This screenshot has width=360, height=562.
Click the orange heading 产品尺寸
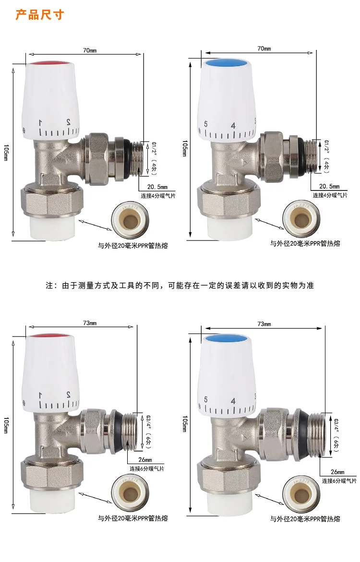[x=40, y=15]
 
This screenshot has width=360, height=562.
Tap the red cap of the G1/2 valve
[x=51, y=64]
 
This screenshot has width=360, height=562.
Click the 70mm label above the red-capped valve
[x=90, y=50]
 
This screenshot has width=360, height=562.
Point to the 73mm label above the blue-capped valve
[x=264, y=323]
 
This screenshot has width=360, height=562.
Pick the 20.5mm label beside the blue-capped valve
[x=329, y=186]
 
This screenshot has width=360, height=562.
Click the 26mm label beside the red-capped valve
[x=145, y=459]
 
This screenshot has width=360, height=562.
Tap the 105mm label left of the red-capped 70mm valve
[x=6, y=152]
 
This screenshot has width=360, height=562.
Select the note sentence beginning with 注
[x=180, y=285]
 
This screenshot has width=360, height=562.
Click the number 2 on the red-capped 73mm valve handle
[x=68, y=395]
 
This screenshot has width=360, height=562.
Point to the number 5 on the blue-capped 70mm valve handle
[x=205, y=124]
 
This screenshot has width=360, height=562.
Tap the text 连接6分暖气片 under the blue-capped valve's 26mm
[x=339, y=480]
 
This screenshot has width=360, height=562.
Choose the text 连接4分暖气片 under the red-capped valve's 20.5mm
[x=158, y=196]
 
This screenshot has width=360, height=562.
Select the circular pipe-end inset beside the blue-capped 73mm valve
[x=301, y=494]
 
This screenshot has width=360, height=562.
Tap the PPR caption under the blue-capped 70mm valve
[x=305, y=243]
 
